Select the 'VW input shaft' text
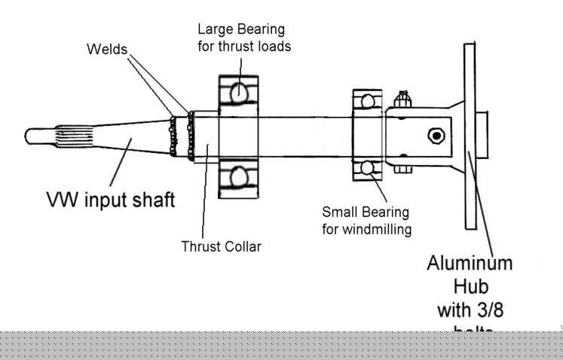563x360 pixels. click(x=111, y=200)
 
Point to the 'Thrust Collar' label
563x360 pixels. click(x=221, y=246)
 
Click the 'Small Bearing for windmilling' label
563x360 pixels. click(x=367, y=219)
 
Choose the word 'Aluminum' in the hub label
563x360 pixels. click(x=470, y=264)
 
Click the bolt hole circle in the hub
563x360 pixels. click(x=434, y=136)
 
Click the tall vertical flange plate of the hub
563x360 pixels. click(x=470, y=136)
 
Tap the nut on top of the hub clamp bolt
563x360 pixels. click(x=402, y=98)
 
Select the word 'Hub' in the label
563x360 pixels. click(x=470, y=287)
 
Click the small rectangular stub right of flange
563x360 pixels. click(x=482, y=136)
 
